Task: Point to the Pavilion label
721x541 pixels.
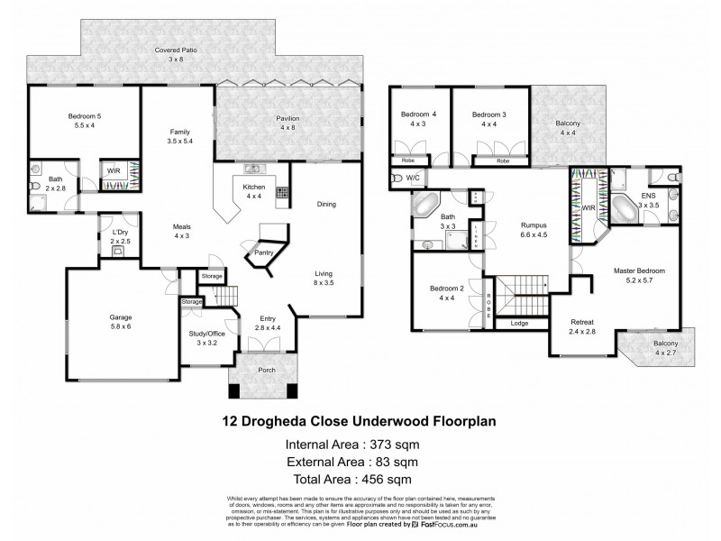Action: (288, 119)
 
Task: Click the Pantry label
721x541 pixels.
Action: (266, 252)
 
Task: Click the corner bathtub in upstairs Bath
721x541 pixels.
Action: (426, 204)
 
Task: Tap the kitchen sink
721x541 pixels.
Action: (251, 169)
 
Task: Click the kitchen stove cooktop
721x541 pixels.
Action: (281, 192)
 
